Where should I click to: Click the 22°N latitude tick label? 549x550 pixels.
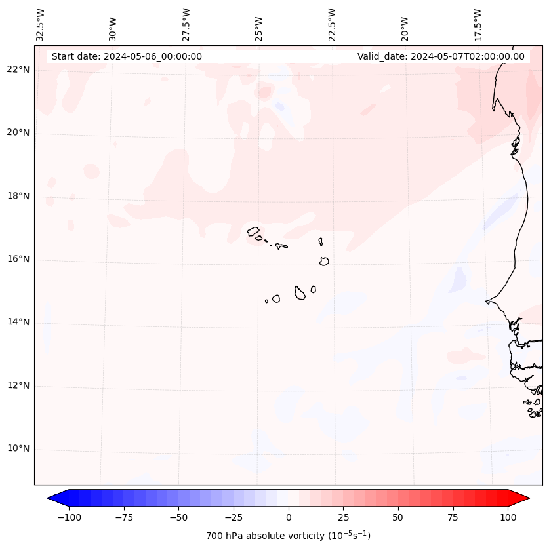coord(18,70)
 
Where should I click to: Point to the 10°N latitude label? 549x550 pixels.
coord(18,449)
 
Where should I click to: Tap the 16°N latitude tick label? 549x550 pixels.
coord(18,260)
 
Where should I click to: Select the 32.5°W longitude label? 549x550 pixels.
coord(41,24)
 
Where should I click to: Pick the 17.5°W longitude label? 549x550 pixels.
coord(478,24)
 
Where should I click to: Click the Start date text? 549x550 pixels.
coord(127,56)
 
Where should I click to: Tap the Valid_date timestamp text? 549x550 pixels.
coord(441,56)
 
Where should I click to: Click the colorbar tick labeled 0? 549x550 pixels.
coord(289,517)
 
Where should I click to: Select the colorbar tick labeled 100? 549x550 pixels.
coord(508,517)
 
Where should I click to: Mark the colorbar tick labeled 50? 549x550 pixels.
coord(398,517)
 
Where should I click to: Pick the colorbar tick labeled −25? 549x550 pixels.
coord(232,517)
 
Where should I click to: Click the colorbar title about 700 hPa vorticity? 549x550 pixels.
coord(289,536)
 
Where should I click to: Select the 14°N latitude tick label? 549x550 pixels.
coord(18,323)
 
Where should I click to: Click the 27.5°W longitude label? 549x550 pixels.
coord(186,24)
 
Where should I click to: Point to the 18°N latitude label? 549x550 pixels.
coord(18,197)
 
